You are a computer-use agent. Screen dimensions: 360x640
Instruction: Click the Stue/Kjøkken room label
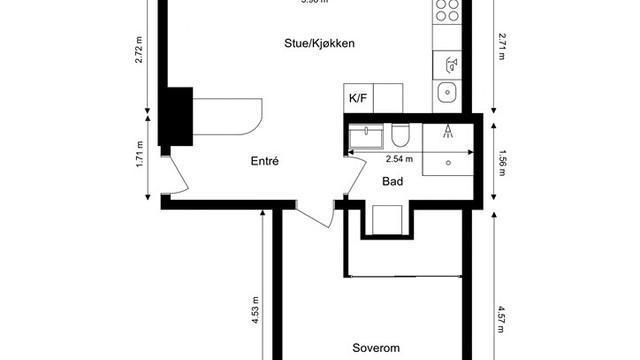321,44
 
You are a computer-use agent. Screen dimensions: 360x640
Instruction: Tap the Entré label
264,161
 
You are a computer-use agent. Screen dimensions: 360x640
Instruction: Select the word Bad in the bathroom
393,181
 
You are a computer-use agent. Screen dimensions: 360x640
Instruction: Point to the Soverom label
376,348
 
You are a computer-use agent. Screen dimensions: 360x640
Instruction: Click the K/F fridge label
357,98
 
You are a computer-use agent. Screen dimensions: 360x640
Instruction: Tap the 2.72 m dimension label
140,50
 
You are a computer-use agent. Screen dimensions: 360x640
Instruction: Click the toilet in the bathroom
400,134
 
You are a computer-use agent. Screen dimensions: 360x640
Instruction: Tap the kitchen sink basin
447,95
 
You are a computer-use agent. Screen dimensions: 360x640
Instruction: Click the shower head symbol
448,130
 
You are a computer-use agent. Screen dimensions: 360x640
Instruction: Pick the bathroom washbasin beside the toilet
366,134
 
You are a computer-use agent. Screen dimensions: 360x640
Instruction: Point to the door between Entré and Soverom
320,211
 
